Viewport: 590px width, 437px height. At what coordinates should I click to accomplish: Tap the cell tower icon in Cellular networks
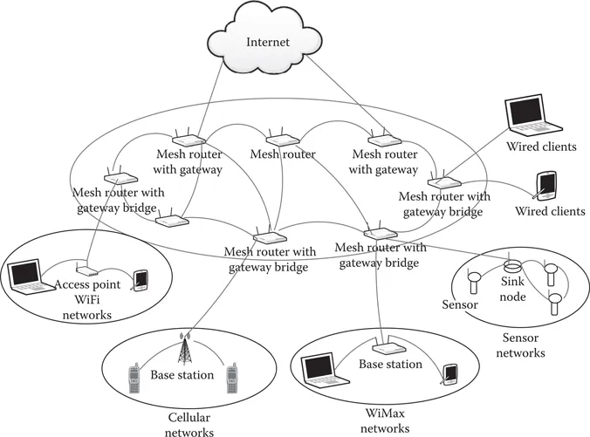pos(183,349)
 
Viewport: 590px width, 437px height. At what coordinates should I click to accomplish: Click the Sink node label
pos(511,289)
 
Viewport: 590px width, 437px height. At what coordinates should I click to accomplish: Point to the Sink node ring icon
pos(512,265)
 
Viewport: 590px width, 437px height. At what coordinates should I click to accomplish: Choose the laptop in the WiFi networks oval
pos(27,276)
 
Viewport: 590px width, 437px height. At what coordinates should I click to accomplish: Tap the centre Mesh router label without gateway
pos(283,154)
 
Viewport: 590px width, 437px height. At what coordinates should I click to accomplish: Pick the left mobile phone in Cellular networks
pos(134,379)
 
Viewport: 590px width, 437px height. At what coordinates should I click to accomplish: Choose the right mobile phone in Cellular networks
pos(233,379)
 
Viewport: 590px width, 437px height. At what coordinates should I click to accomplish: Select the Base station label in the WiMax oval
pos(390,365)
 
